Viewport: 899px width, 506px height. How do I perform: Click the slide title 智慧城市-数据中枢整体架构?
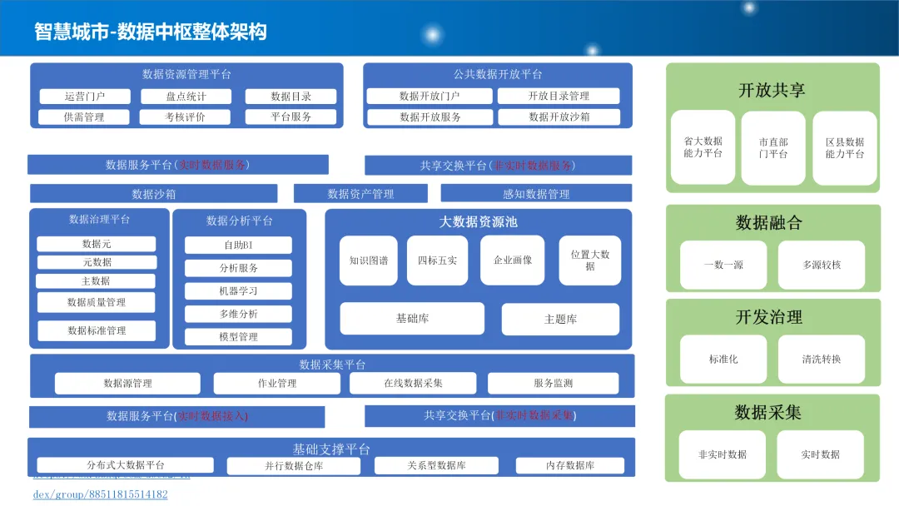151,32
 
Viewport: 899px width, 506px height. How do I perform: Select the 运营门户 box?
84,97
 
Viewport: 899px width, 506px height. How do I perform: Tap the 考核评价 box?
185,117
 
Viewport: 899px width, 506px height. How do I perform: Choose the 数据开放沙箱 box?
559,117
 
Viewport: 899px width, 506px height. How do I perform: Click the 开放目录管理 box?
559,97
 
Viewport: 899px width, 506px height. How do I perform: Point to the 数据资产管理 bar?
360,194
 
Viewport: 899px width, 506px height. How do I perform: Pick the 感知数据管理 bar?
536,194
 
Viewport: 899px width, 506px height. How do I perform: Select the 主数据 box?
96,281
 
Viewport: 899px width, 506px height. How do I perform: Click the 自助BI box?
238,246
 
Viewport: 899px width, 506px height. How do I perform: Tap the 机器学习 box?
238,291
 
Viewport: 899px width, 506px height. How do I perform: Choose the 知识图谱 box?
369,260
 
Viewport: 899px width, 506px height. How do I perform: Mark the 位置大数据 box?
589,260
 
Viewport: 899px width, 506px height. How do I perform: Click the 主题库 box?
560,319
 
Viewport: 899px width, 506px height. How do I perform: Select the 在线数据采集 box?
413,384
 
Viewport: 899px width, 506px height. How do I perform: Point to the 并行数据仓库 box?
294,466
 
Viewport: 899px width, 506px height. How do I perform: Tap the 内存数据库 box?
569,465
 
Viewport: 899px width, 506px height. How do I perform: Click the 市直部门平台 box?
773,148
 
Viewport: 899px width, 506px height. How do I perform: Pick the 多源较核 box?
822,265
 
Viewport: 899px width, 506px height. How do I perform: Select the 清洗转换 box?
822,360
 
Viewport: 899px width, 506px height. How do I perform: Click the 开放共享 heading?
772,90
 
